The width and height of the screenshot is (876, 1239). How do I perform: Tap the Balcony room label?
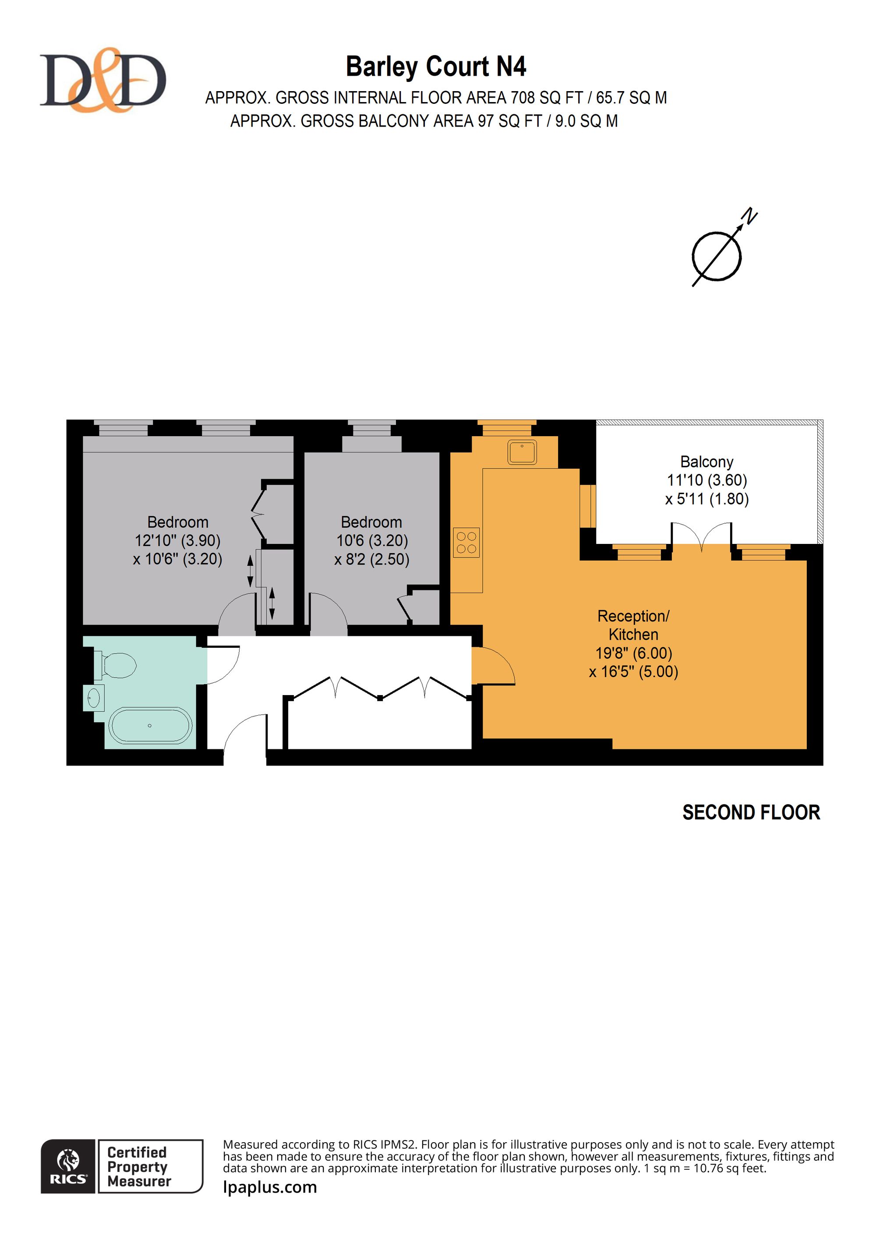point(706,462)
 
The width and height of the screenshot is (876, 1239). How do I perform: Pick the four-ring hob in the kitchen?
point(466,542)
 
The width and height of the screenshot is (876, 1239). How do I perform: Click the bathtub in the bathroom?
point(150,726)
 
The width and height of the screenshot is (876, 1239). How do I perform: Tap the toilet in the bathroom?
point(115,665)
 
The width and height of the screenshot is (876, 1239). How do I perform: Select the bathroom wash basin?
point(94,698)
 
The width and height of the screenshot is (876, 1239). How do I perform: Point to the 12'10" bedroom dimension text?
point(177,541)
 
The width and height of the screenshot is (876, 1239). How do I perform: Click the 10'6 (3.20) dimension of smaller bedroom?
point(372,541)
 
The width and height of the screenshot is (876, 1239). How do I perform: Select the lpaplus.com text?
point(270,1187)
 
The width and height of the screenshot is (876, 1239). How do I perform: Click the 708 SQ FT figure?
point(547,98)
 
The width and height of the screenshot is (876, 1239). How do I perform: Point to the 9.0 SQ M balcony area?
point(586,121)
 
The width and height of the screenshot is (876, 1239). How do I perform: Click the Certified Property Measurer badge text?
point(139,1166)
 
